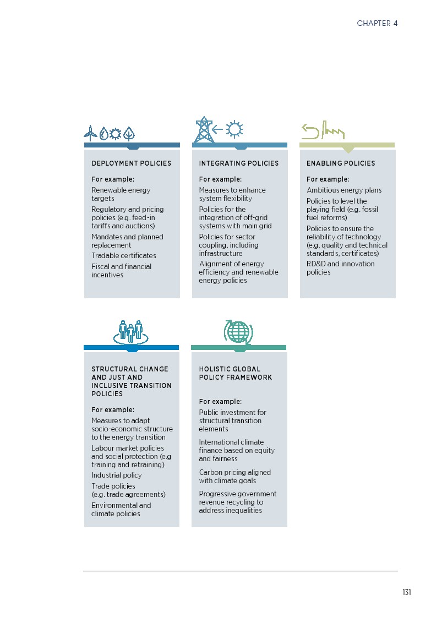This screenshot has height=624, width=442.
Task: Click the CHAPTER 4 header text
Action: pyautogui.click(x=377, y=23)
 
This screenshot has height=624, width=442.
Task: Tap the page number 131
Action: pyautogui.click(x=407, y=592)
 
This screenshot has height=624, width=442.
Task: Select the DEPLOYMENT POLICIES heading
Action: pyautogui.click(x=132, y=163)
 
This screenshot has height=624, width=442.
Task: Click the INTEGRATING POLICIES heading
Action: pyautogui.click(x=239, y=163)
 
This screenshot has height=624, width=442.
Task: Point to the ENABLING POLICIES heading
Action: pyautogui.click(x=341, y=163)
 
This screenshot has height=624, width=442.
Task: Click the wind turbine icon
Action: pyautogui.click(x=90, y=133)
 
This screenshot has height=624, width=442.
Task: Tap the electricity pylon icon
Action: pyautogui.click(x=204, y=129)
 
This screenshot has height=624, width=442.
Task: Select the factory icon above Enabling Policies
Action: pyautogui.click(x=334, y=130)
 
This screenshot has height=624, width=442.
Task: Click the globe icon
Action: pyautogui.click(x=238, y=331)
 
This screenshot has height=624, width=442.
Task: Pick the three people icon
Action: pyautogui.click(x=130, y=332)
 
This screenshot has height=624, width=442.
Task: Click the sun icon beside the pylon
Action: pyautogui.click(x=234, y=129)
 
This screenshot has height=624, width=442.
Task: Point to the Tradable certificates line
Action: pyautogui.click(x=124, y=255)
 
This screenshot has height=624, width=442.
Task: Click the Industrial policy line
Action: pyautogui.click(x=117, y=475)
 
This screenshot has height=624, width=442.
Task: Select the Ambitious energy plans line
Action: pyautogui.click(x=344, y=190)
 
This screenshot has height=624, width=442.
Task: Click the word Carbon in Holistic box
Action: pyautogui.click(x=210, y=472)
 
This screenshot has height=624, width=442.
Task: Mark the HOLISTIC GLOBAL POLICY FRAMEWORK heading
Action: pyautogui.click(x=236, y=373)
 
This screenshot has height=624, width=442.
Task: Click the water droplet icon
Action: pyautogui.click(x=103, y=134)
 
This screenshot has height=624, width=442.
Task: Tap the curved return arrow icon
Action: pyautogui.click(x=310, y=132)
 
